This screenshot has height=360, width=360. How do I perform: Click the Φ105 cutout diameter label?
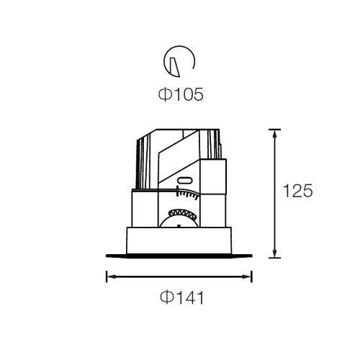(x=181, y=94)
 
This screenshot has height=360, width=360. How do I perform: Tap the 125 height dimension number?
(x=298, y=191)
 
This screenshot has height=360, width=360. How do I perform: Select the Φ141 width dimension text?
(x=182, y=297)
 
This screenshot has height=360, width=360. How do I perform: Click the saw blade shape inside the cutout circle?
(x=175, y=67)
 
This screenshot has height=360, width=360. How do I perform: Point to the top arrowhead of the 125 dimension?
(x=275, y=134)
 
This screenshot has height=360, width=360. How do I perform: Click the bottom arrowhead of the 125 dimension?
(x=275, y=253)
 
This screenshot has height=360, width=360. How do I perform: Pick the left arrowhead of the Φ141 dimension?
(x=111, y=276)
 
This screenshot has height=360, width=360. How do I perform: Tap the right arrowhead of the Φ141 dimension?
(x=247, y=276)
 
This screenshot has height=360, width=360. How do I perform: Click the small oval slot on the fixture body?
(x=184, y=181)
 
